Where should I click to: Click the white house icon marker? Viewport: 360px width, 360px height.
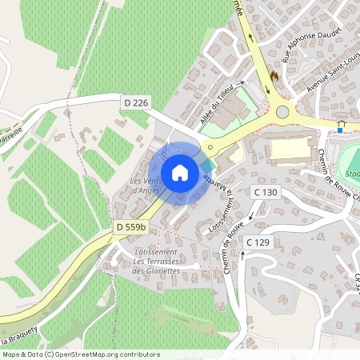click(x=180, y=173)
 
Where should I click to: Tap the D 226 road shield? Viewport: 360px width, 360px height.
click(x=137, y=102)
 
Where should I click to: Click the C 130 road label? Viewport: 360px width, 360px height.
click(x=266, y=192)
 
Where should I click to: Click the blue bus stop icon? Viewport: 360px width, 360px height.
click(x=342, y=127)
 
